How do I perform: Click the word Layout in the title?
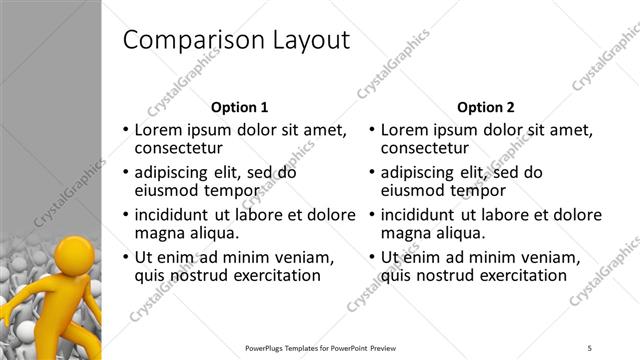pos(307,41)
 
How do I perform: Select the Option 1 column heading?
pos(240,107)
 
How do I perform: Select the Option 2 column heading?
pos(485,107)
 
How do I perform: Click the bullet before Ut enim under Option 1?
pos(125,258)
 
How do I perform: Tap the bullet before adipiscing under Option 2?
pos(371,173)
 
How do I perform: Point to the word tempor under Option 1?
pos(234,191)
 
